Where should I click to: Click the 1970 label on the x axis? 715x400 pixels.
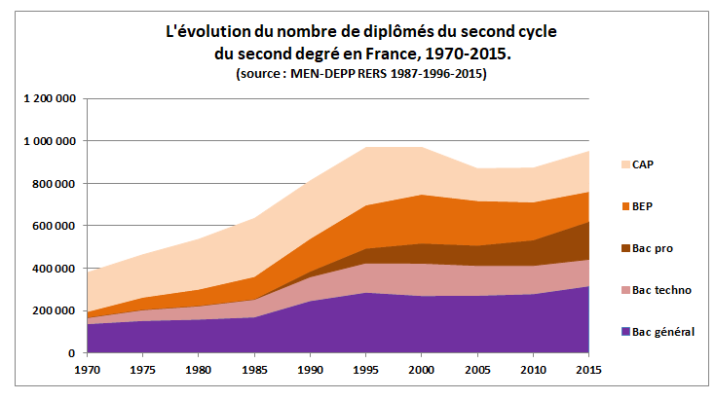[87, 370]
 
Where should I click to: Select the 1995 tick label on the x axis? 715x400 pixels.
[366, 370]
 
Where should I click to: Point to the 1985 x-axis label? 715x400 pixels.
[254, 370]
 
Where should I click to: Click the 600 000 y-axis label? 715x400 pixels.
[56, 226]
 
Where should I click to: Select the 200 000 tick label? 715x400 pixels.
[56, 310]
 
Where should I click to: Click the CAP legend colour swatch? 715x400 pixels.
[624, 164]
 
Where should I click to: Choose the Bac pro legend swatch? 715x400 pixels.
[624, 248]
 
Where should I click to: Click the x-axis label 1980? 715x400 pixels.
[199, 370]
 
